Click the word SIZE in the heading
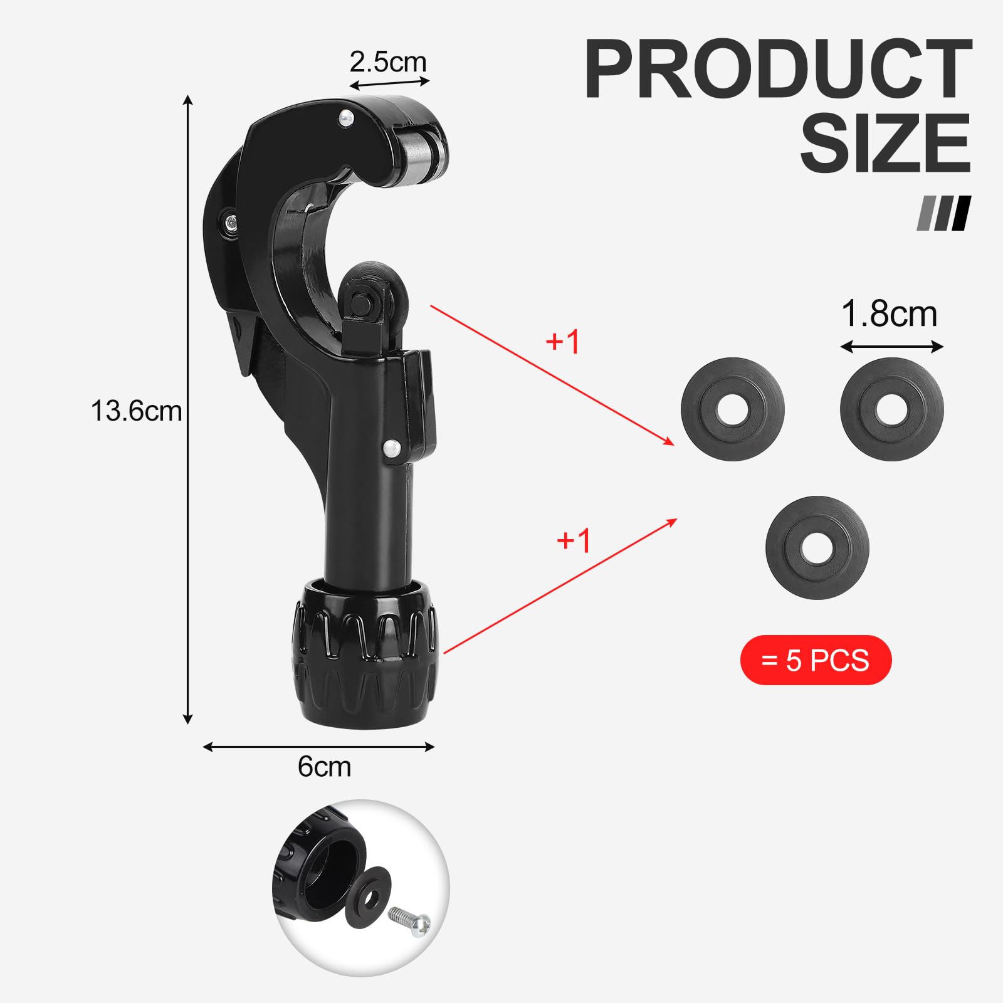(x=885, y=142)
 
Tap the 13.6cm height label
(x=136, y=411)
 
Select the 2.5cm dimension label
(x=388, y=61)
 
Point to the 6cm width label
(x=324, y=766)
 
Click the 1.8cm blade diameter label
(x=889, y=313)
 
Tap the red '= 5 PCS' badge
(x=816, y=660)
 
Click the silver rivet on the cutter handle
(x=392, y=447)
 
